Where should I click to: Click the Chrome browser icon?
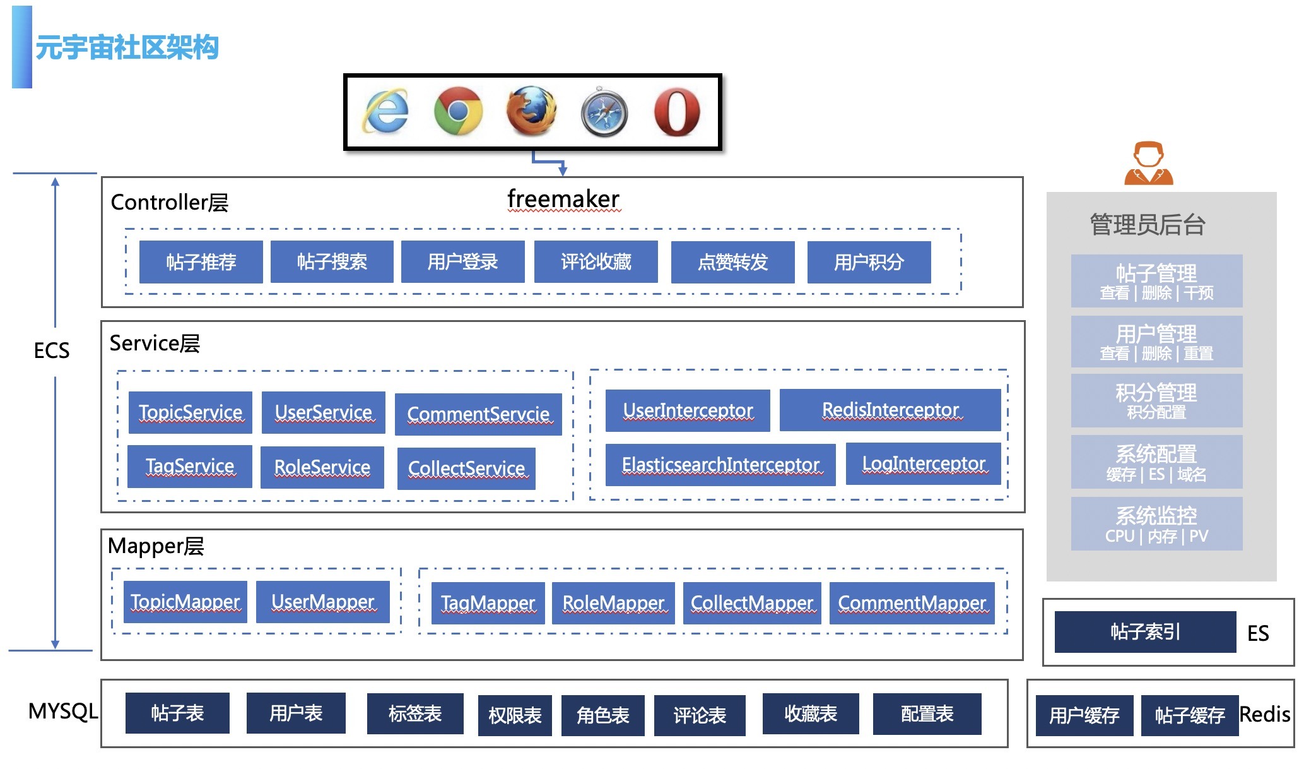458,111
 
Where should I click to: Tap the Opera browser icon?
676,112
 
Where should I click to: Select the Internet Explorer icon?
385,112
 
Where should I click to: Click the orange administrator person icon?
1148,164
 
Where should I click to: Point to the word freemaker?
563,199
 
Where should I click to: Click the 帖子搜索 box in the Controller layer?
332,261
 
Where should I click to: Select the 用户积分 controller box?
869,261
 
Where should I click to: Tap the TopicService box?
190,412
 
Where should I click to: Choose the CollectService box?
466,468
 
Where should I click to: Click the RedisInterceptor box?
890,410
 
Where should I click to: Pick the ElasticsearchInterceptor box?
720,465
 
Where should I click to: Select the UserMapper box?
322,602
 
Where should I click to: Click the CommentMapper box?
912,603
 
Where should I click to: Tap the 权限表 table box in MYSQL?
515,715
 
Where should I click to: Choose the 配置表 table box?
927,713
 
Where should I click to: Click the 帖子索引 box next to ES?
1145,631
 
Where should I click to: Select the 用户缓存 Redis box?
1084,715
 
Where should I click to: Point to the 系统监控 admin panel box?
1156,523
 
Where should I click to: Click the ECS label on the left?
52,350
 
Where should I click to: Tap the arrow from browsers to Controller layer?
548,162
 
